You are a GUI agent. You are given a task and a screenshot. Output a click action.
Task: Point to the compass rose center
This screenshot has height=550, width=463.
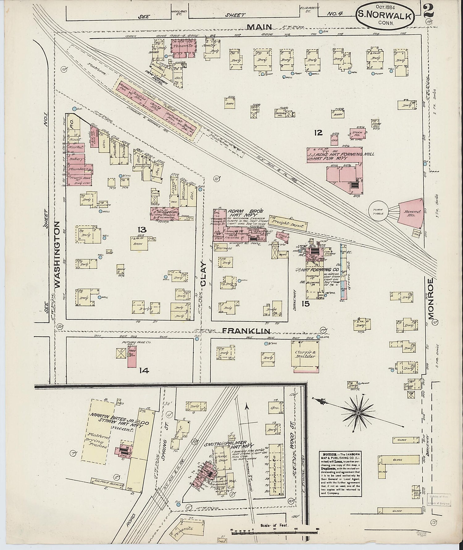click(358, 413)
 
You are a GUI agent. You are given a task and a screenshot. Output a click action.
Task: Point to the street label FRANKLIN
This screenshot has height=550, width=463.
click(246, 331)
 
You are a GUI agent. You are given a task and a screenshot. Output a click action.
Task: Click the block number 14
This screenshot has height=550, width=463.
click(144, 370)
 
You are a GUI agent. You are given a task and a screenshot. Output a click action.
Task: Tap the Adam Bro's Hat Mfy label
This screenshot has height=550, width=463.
click(246, 213)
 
